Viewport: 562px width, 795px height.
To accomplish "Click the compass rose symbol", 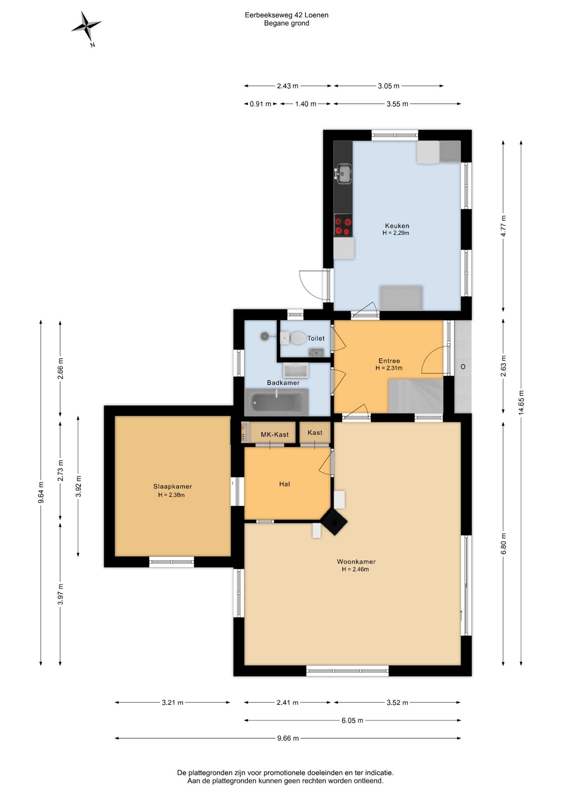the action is [x=86, y=26].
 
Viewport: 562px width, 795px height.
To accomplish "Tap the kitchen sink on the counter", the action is [x=343, y=173].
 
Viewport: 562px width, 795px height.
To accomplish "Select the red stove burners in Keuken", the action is [x=343, y=225].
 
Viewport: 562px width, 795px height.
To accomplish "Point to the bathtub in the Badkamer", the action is [x=276, y=402].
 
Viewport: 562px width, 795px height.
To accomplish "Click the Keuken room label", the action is [x=397, y=226].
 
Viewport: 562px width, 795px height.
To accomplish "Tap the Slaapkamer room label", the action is [x=173, y=487].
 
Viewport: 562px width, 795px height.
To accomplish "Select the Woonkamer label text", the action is [x=356, y=562].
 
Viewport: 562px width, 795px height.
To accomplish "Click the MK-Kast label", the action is [x=275, y=434].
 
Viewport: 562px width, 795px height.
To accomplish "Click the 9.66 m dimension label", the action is [x=288, y=738].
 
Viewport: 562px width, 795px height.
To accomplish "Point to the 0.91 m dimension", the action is [x=260, y=104].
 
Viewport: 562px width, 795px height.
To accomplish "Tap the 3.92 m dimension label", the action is [x=78, y=486].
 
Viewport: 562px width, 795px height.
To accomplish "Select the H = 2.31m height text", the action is [x=389, y=368].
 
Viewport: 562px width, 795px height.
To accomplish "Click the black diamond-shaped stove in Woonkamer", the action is [x=334, y=522].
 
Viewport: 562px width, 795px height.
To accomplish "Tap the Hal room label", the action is [x=284, y=484].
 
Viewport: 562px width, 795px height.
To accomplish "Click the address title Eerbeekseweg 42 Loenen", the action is [x=287, y=15].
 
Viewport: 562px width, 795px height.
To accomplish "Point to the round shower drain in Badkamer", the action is [x=264, y=336].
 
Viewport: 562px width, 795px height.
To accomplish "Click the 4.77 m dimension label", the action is [x=503, y=226].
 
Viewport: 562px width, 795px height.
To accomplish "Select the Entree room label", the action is [x=389, y=361].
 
